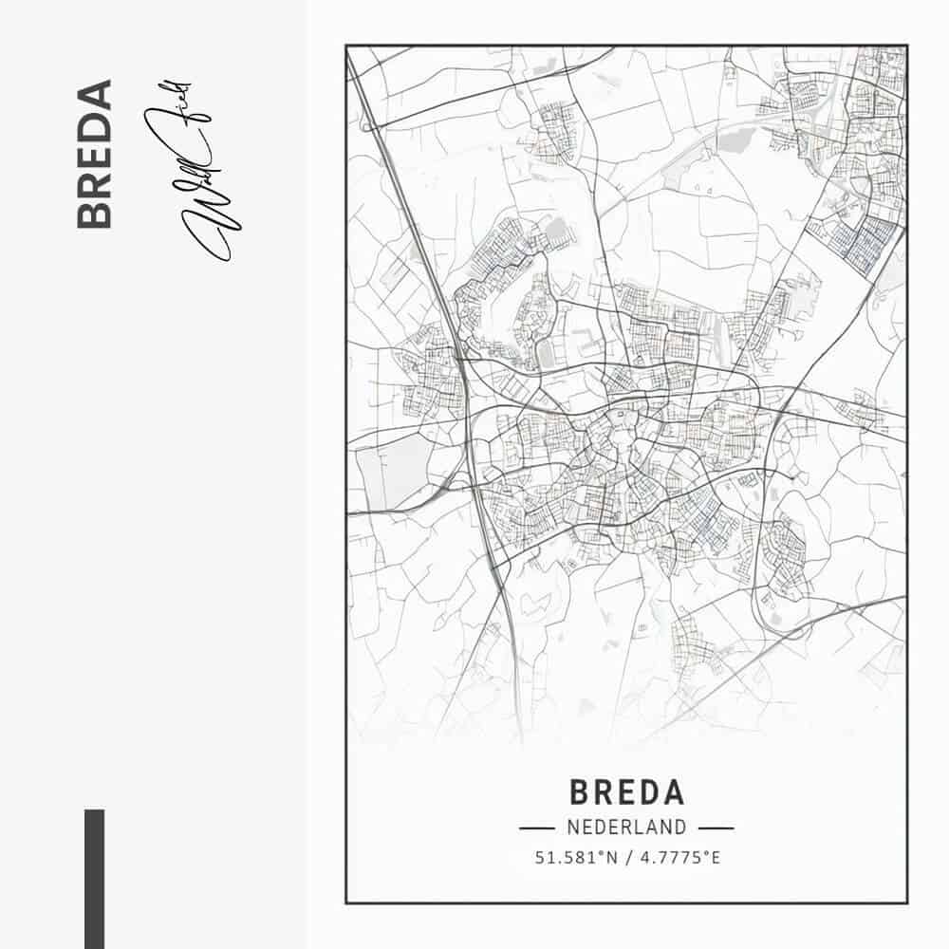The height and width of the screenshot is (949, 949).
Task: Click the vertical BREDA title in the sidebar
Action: pyautogui.click(x=94, y=154)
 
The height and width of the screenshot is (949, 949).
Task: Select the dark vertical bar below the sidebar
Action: pyautogui.click(x=94, y=878)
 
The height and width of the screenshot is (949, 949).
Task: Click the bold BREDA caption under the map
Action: pyautogui.click(x=626, y=792)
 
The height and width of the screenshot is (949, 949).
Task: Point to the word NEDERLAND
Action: pyautogui.click(x=626, y=828)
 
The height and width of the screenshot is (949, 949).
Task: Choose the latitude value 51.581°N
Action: pyautogui.click(x=576, y=858)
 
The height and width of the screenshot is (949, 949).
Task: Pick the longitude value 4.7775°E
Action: pyautogui.click(x=678, y=858)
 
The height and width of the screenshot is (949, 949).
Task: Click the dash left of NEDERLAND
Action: pyautogui.click(x=536, y=828)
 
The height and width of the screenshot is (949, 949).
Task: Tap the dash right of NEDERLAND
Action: pyautogui.click(x=716, y=828)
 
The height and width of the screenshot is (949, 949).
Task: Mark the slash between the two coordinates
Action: pyautogui.click(x=627, y=858)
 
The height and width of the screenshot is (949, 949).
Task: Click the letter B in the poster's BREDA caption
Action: pyautogui.click(x=581, y=792)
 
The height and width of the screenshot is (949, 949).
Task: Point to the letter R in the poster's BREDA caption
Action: pyautogui.click(x=604, y=792)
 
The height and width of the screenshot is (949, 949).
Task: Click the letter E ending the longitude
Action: pyautogui.click(x=716, y=858)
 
